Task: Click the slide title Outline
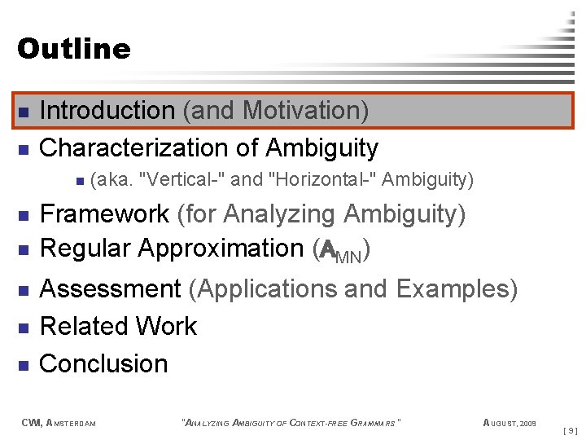[x=73, y=49]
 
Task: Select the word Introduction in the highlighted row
[x=107, y=110]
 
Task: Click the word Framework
[x=104, y=214]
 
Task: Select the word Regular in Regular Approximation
[x=85, y=248]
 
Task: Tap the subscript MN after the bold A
[x=351, y=257]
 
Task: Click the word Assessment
[x=110, y=288]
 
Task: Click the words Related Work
[x=118, y=326]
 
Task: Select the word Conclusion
[x=103, y=363]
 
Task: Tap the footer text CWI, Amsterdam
[x=58, y=422]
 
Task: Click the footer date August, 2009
[x=509, y=422]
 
